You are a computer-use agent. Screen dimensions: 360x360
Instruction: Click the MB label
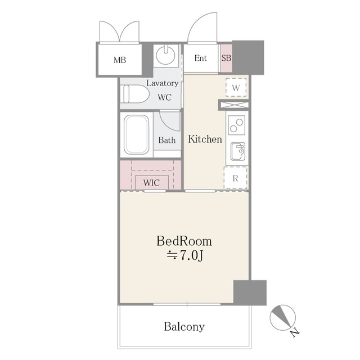(x=120, y=60)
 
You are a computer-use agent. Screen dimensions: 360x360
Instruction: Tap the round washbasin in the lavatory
(x=165, y=55)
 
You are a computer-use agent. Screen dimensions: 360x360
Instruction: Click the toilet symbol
(x=135, y=94)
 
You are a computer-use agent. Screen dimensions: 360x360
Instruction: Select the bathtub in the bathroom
(x=136, y=134)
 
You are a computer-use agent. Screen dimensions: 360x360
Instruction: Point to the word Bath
(x=167, y=140)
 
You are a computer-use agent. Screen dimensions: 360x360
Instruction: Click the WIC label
(x=151, y=183)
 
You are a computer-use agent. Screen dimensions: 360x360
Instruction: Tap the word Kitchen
(x=205, y=139)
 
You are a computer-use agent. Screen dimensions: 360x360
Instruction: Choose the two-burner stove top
(x=236, y=125)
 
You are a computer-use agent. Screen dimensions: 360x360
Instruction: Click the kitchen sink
(x=238, y=151)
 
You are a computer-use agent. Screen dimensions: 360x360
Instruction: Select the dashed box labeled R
(x=236, y=178)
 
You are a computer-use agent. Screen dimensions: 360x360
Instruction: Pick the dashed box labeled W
(x=236, y=88)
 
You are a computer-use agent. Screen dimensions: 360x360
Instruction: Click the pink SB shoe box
(x=226, y=58)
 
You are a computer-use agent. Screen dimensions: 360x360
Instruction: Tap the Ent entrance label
(x=200, y=58)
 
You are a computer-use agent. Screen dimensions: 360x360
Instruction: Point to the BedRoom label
(x=184, y=241)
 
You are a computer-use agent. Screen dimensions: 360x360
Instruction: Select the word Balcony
(x=184, y=326)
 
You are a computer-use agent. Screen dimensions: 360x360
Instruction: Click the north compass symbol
(x=283, y=318)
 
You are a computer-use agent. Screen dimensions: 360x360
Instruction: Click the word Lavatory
(x=163, y=83)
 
